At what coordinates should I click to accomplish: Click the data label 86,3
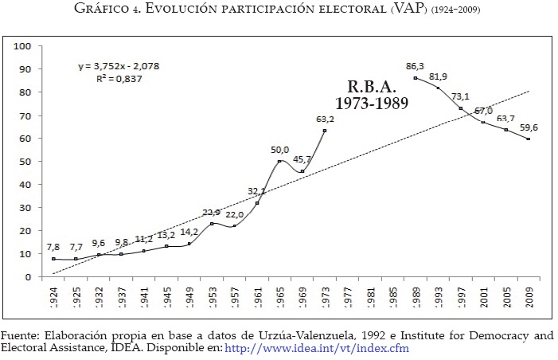[416, 66]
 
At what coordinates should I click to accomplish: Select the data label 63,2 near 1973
[325, 119]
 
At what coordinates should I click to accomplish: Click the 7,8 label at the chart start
[52, 247]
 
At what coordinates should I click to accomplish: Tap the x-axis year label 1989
[416, 297]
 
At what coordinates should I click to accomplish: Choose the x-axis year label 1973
[325, 297]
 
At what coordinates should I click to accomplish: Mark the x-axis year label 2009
[529, 297]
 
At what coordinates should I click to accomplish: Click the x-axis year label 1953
[212, 297]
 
